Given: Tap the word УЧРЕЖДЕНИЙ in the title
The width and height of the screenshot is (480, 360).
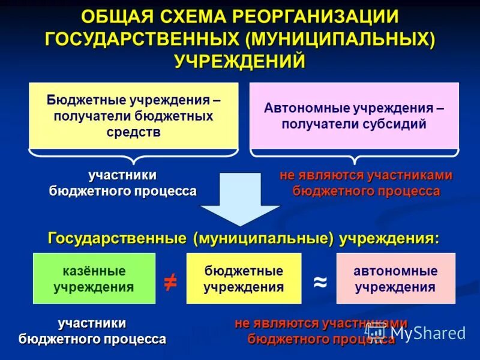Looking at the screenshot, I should point(240,61).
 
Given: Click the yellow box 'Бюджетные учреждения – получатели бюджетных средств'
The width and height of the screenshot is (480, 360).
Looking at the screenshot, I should point(133,115).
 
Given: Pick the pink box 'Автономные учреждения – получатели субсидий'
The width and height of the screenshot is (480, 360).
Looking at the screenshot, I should point(354,115).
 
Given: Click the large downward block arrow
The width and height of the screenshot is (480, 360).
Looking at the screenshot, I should point(240,198).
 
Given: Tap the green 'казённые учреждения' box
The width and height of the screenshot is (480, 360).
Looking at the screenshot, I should point(94,278).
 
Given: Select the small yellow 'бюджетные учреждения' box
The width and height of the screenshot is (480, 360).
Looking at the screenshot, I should point(243,278).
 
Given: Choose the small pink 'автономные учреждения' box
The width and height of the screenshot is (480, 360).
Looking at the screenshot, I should point(395,278).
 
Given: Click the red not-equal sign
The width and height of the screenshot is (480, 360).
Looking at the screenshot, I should point(170,281).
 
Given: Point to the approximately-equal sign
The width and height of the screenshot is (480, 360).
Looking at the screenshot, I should point(320,281).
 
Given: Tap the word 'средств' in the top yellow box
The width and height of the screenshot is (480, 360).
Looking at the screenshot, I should point(133,132).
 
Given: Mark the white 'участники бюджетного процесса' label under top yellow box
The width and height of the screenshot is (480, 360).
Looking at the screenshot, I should point(122,183).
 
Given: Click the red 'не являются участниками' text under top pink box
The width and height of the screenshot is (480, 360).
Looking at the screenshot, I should point(365,175).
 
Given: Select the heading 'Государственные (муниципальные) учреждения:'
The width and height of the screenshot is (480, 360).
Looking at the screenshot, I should point(243,238).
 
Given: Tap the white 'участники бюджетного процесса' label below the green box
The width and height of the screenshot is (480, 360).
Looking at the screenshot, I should point(92,331).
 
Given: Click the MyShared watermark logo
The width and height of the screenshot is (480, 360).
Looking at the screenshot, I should point(416,332).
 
